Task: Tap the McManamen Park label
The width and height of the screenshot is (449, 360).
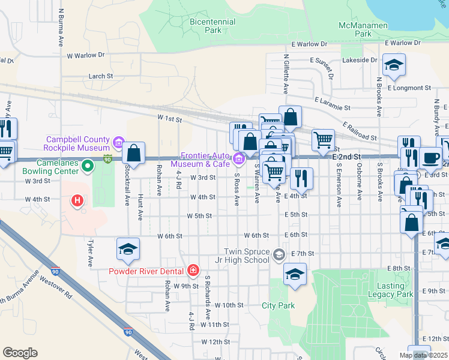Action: (363, 29)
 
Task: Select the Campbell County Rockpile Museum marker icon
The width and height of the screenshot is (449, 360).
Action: (118, 143)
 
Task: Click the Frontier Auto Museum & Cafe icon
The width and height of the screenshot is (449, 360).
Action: (239, 159)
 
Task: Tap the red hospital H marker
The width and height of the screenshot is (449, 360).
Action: (77, 200)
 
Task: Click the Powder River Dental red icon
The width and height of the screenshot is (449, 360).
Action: (193, 271)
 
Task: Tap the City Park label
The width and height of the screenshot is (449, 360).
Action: (279, 305)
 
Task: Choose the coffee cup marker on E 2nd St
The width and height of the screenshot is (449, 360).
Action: (430, 157)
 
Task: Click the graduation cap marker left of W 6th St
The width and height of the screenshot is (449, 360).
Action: (128, 250)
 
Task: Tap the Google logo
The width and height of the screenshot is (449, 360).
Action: (20, 353)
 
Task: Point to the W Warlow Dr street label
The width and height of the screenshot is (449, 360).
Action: (86, 55)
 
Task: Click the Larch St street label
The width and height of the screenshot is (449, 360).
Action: (101, 76)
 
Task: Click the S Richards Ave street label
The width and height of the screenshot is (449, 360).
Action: (208, 297)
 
